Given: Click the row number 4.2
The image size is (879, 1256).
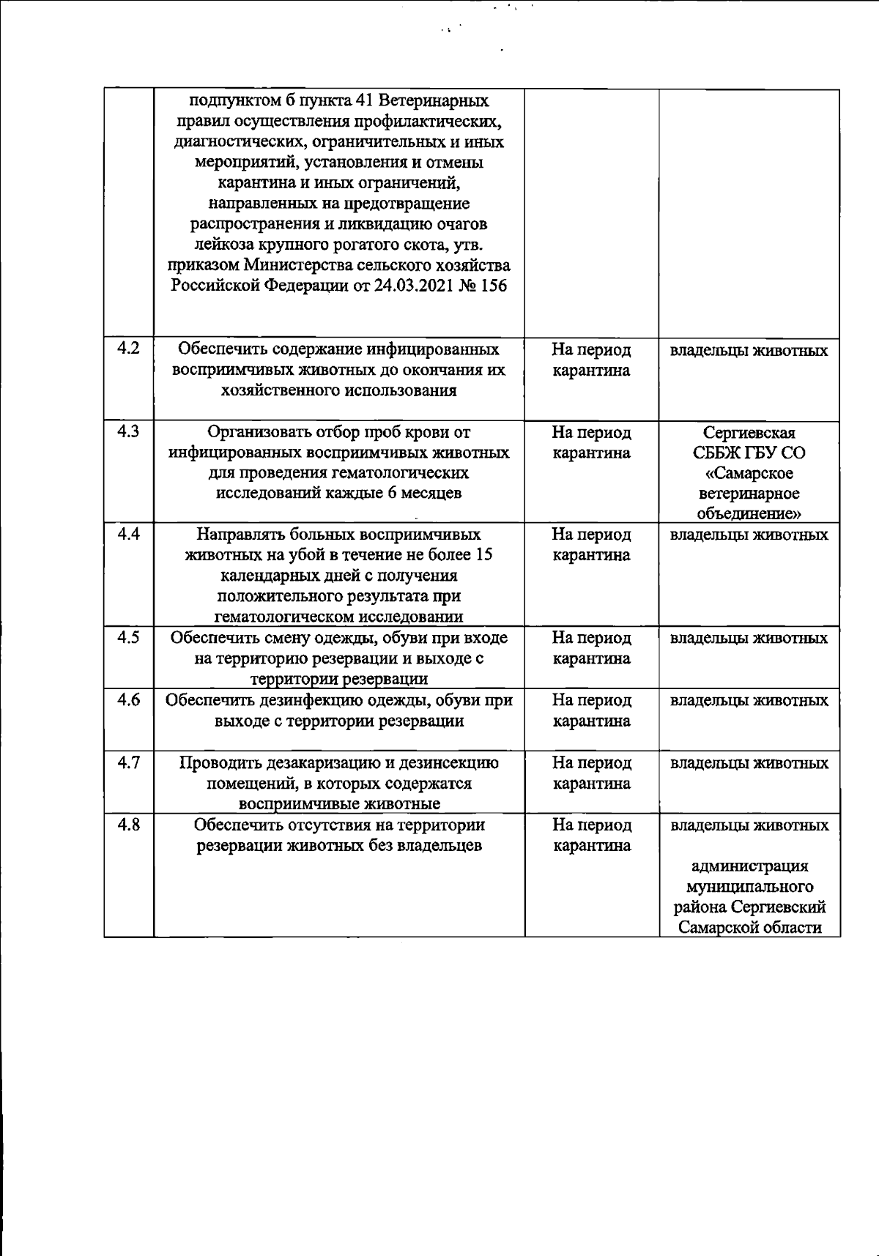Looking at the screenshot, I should point(128,349).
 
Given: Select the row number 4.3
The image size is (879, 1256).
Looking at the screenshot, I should point(128,431).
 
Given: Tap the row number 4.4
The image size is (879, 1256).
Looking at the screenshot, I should point(128,534).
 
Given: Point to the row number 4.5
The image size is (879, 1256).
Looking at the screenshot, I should point(128,637).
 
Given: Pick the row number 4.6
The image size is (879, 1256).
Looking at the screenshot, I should point(128,699).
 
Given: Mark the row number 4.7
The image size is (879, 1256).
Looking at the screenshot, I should point(128,762).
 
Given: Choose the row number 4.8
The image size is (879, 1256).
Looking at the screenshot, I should point(128,825).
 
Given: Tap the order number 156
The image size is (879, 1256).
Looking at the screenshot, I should point(493,286).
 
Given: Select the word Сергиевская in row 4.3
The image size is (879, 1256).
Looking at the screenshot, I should point(749,432).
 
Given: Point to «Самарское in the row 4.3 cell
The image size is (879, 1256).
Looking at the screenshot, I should point(749,473).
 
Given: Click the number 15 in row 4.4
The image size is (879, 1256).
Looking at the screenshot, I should point(483,555).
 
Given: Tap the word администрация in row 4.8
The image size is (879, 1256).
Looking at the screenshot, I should point(749,866).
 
